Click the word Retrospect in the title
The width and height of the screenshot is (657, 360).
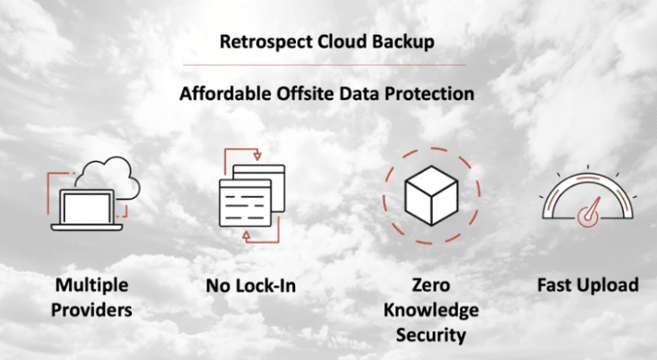[x=266, y=42]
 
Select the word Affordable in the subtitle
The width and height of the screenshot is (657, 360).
[x=226, y=93]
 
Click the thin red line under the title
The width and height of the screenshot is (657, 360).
[x=324, y=65]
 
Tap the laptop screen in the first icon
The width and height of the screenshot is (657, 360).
[x=86, y=208]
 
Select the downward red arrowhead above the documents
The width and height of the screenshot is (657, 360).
[x=257, y=156]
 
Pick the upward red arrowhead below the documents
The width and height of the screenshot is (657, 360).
[x=246, y=236]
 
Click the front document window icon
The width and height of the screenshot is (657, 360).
[x=246, y=203]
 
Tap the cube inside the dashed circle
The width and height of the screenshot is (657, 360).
[x=431, y=196]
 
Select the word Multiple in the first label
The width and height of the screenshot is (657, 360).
[x=92, y=286]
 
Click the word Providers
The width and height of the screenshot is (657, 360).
[x=92, y=310]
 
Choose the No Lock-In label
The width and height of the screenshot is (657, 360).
[x=251, y=286]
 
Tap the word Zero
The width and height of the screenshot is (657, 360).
[x=431, y=285]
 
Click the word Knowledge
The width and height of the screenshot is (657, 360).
[x=431, y=310]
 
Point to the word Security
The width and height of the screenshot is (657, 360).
[x=431, y=335]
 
